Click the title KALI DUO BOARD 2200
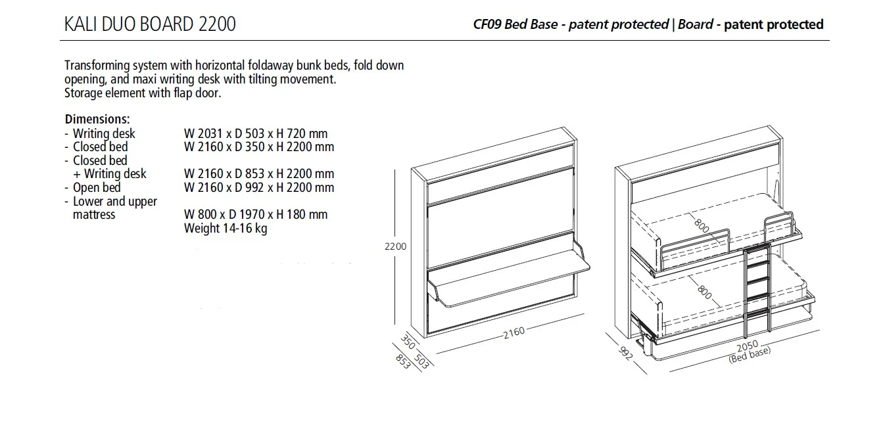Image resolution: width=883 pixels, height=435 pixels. (150, 24)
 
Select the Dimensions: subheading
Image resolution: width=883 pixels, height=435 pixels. (97, 120)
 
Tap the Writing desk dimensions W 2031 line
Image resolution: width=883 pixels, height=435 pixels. (256, 133)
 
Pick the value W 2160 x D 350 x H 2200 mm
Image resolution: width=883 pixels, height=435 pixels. (259, 147)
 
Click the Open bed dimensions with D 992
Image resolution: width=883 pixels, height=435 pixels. (259, 187)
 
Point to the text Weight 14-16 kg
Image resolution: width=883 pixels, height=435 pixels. (226, 228)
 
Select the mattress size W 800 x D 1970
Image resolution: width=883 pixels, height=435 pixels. (256, 214)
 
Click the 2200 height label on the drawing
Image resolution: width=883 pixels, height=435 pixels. (395, 246)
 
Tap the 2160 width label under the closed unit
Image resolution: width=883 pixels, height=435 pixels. (513, 332)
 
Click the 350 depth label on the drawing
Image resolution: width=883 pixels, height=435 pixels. (407, 342)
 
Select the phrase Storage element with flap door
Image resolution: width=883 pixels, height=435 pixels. (143, 93)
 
